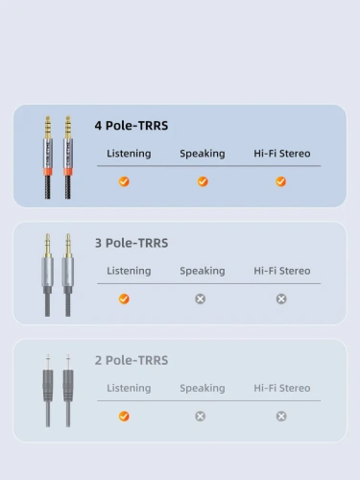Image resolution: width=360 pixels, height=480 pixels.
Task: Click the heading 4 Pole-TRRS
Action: (132, 126)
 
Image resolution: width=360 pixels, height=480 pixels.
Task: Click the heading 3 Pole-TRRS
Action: (132, 243)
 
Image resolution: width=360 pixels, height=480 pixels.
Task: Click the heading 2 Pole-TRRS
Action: (132, 360)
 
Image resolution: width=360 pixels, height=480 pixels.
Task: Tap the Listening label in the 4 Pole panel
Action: (129, 154)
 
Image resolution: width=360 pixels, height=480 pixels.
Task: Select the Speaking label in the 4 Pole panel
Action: (203, 154)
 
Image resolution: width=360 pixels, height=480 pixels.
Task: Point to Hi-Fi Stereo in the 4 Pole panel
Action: (282, 154)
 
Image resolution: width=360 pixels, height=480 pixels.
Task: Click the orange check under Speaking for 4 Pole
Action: (203, 181)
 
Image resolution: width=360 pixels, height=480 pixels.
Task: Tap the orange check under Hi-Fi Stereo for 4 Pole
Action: (281, 181)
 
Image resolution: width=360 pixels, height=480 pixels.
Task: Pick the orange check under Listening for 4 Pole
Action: (124, 181)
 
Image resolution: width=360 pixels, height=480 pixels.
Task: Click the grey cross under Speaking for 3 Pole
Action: (201, 299)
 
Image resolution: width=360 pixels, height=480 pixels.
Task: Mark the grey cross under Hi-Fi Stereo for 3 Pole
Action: (281, 299)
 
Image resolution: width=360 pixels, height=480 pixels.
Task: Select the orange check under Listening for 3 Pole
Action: (124, 299)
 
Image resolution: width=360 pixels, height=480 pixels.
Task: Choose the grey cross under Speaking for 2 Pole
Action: (201, 416)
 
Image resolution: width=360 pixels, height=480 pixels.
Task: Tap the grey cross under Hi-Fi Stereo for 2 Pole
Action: (281, 416)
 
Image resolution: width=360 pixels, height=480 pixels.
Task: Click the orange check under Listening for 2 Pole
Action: (124, 416)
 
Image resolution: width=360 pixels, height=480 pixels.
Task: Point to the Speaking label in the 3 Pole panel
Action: (203, 271)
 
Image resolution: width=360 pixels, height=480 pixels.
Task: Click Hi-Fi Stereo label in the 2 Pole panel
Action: (282, 388)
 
